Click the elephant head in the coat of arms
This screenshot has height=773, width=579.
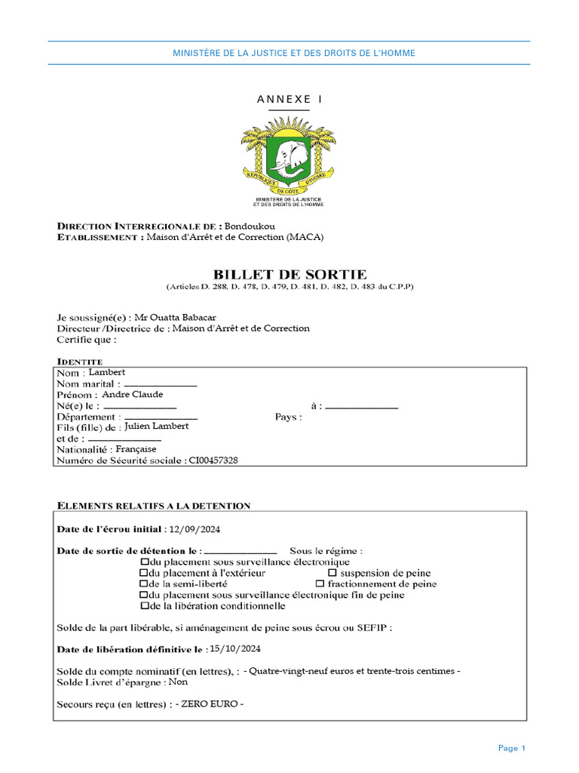click(x=289, y=159)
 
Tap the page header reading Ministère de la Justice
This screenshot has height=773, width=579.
click(x=294, y=54)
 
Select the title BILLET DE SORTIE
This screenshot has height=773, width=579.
click(x=289, y=274)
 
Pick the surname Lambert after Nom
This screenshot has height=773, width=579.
click(x=107, y=372)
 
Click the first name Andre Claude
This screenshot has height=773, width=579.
click(x=132, y=394)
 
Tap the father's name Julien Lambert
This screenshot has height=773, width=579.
click(x=156, y=426)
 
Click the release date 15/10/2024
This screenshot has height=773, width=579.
click(x=237, y=648)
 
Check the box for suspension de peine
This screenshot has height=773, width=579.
click(x=332, y=573)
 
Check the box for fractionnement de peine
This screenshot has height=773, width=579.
click(x=320, y=584)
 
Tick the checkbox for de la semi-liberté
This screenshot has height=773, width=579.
click(x=144, y=584)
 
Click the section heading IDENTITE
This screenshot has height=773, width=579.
click(x=80, y=362)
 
